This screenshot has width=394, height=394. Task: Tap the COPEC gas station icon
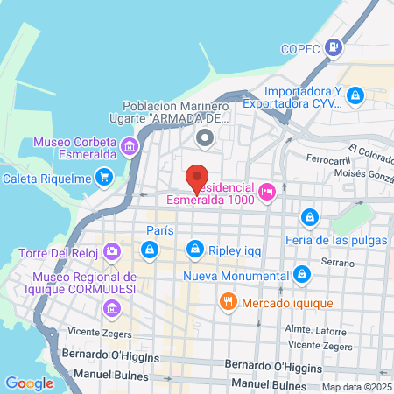click(334, 49)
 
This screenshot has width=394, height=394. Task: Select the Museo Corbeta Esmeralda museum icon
click(130, 145)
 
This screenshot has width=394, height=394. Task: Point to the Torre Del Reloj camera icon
click(111, 252)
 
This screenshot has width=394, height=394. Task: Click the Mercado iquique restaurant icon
click(228, 302)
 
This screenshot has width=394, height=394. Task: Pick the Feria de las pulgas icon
click(308, 216)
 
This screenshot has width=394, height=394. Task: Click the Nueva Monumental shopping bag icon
click(301, 274)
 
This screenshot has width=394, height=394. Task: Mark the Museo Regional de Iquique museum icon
click(111, 308)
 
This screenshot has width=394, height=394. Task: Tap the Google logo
click(29, 383)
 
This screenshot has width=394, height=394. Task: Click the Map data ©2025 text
click(355, 387)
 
